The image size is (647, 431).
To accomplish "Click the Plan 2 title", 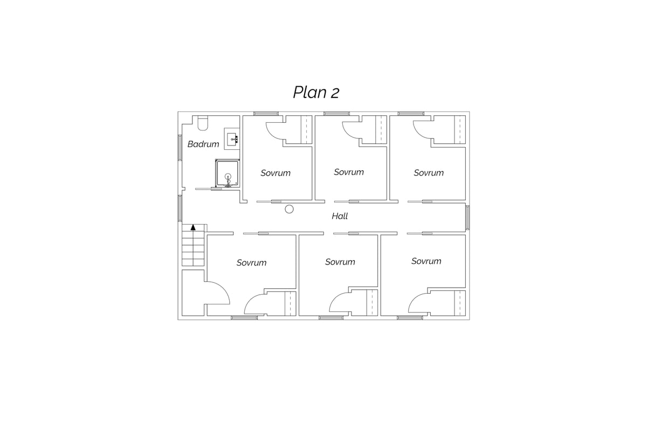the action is [316, 92].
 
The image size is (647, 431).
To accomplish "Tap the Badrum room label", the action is [203, 144].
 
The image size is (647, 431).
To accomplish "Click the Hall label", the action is [340, 216].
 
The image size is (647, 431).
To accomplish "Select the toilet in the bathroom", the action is [203, 123].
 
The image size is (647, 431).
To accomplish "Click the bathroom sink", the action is [232, 139].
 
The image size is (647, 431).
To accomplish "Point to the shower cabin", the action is [228, 173].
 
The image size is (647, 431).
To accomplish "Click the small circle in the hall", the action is [289, 209].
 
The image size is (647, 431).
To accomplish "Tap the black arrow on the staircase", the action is [193, 227].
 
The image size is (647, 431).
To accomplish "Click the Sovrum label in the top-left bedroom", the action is [276, 173].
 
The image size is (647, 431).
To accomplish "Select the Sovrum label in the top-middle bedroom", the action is [349, 172].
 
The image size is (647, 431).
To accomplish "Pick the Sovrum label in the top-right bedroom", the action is [429, 172].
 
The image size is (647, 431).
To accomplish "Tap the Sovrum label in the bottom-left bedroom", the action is [251, 262].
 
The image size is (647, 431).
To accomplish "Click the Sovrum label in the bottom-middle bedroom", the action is [340, 262].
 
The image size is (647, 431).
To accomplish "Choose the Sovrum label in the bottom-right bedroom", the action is [426, 261].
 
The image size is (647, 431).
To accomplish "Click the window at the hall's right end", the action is [467, 218].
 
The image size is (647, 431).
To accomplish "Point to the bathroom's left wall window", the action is [180, 148].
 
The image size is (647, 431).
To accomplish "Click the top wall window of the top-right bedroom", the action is [411, 114].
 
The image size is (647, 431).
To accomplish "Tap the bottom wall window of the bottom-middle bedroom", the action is [331, 318].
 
